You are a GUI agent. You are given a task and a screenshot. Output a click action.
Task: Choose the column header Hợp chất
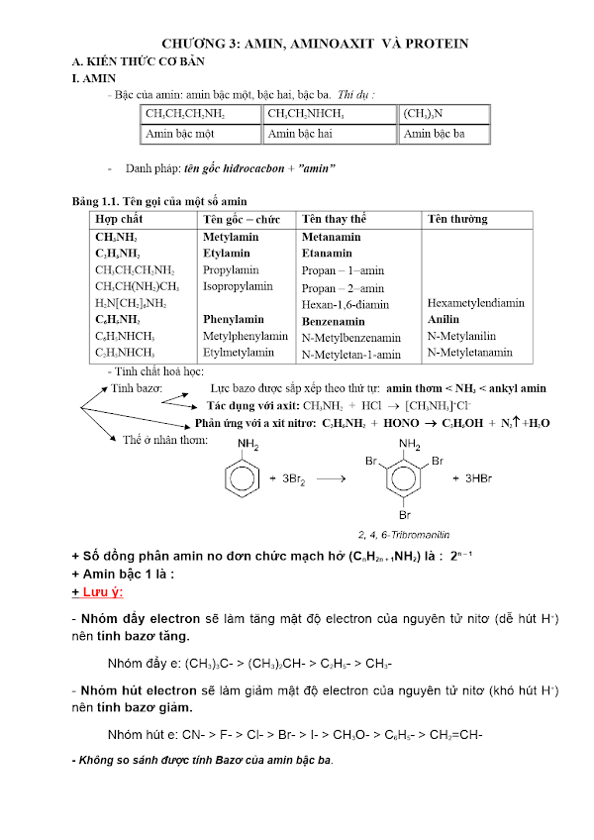click(x=120, y=219)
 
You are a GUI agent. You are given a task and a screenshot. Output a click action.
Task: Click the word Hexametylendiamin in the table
click(x=476, y=303)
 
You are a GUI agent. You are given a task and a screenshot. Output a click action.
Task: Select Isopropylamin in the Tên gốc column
click(x=238, y=286)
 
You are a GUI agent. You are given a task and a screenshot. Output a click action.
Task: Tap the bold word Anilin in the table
click(x=444, y=320)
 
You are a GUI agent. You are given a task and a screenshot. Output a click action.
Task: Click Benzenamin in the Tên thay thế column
click(x=334, y=321)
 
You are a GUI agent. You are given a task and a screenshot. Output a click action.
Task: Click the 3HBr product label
click(x=469, y=478)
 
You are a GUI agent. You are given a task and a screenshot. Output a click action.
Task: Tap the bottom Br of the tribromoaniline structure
click(x=405, y=514)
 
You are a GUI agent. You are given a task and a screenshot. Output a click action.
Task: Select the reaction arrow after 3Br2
click(x=330, y=478)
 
